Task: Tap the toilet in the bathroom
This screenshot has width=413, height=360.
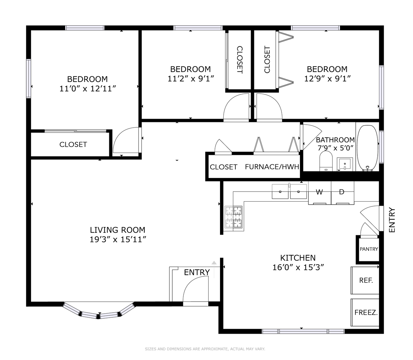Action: pos(326,161)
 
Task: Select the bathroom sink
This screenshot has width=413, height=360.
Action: pos(344,164)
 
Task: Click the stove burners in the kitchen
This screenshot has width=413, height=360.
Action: pos(233,217)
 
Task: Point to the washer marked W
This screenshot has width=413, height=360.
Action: pos(319,193)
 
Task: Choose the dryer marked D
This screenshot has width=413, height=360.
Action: pos(342,193)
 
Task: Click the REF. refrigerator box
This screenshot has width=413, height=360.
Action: pos(365,280)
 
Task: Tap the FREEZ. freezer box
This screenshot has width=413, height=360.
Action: pos(365,313)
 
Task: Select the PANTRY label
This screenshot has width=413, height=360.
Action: pos(369,249)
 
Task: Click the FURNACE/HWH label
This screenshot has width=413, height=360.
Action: pos(272,167)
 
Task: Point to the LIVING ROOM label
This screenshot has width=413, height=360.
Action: pos(117,230)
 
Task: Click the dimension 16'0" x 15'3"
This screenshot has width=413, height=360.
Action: pos(298,267)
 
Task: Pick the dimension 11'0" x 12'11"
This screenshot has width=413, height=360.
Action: pos(87,89)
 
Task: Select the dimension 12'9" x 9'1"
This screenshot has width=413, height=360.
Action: pos(327,79)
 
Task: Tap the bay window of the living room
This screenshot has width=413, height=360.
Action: pos(99,312)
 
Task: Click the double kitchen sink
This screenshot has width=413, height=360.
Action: pos(289,192)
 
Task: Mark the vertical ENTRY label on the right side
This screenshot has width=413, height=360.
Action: pos(392,220)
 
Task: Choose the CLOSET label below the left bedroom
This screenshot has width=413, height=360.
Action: pos(73,144)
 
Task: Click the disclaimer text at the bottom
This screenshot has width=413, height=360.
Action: pos(205,349)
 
